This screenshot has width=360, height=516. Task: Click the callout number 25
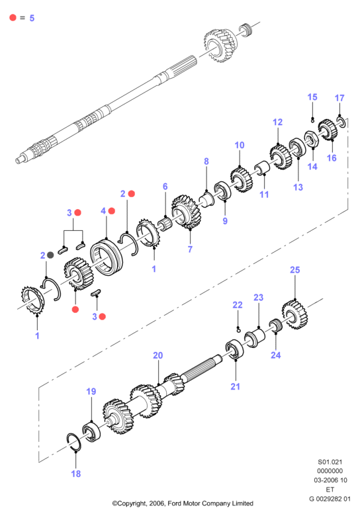[x=295, y=270]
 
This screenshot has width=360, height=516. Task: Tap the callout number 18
[x=75, y=474]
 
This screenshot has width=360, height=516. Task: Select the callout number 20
[x=158, y=355]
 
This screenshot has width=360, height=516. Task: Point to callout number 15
[x=312, y=97]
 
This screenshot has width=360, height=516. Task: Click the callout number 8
[x=206, y=161]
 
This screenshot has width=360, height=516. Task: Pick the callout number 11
[x=264, y=194]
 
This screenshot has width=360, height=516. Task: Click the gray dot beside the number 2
[x=50, y=255]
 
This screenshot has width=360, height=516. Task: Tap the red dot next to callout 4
[x=112, y=211]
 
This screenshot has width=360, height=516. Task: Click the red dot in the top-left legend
[x=13, y=17]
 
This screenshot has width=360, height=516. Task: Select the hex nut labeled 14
[x=311, y=139]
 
